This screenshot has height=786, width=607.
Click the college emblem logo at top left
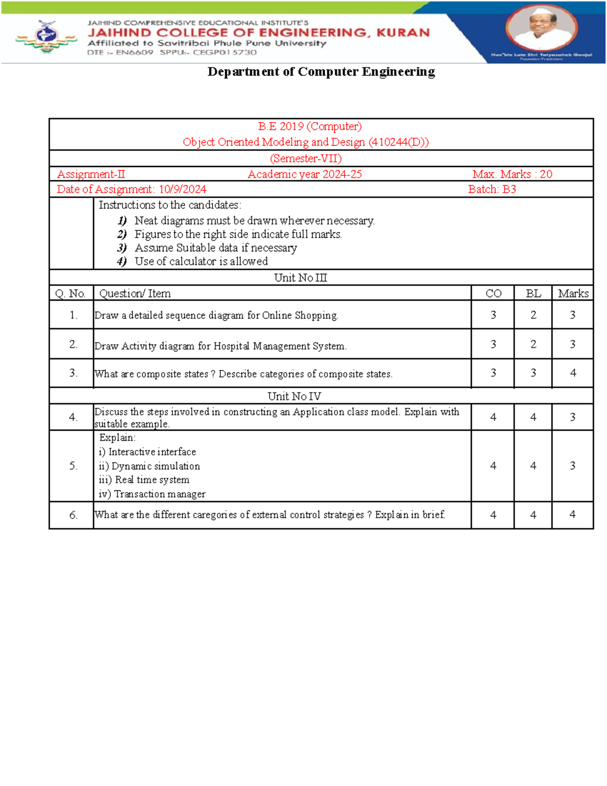[46, 36]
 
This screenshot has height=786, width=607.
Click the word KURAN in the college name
[403, 33]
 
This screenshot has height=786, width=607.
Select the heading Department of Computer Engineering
[321, 72]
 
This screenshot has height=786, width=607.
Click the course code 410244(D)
[398, 142]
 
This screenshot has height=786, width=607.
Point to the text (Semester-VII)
[306, 158]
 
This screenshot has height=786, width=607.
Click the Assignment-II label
[91, 174]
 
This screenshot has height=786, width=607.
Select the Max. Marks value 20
[546, 174]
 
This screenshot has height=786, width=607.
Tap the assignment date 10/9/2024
[182, 189]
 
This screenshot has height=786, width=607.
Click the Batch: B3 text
[492, 189]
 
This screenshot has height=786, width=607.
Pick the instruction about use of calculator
[201, 261]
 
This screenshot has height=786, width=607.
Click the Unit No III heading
[300, 278]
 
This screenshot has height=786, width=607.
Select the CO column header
[493, 294]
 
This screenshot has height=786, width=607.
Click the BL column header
[533, 294]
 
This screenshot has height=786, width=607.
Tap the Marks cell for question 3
[573, 373]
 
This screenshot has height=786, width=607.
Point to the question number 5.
[73, 466]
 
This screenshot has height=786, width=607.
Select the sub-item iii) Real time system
[144, 480]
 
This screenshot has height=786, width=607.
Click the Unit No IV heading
[294, 396]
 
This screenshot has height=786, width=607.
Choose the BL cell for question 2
[533, 344]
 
